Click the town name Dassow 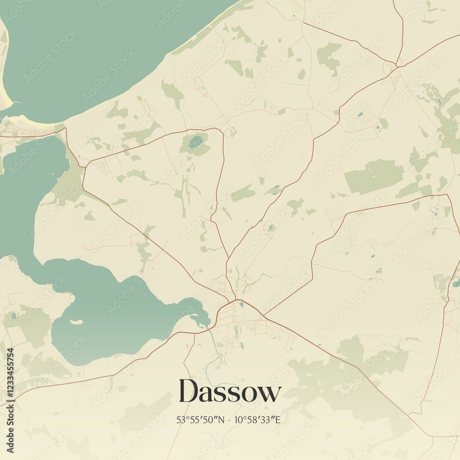(230, 392)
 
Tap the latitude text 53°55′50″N (201, 420)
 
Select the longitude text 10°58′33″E (258, 420)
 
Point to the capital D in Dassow (189, 391)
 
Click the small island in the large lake (76, 322)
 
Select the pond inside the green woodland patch (195, 142)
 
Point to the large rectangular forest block (374, 176)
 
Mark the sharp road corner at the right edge (447, 195)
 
